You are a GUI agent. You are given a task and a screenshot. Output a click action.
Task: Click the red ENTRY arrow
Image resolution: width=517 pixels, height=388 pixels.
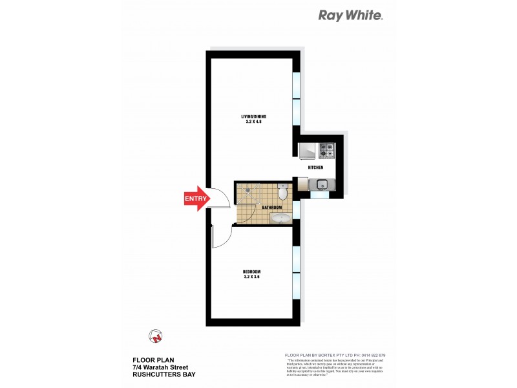196,199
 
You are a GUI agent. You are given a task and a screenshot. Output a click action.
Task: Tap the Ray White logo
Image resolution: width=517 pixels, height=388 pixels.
351,16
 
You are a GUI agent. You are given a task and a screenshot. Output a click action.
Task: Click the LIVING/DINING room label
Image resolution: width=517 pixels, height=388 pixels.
254,116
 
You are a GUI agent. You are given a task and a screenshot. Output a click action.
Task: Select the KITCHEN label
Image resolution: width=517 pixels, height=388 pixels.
315,167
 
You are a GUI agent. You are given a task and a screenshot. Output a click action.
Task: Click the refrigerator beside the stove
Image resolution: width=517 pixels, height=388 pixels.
307,151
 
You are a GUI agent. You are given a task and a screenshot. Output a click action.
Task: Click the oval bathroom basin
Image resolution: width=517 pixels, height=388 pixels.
280,219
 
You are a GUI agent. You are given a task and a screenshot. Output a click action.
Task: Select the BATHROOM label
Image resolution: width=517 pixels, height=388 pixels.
272,208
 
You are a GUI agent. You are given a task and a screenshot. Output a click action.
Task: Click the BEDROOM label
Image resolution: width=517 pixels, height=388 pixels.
251,271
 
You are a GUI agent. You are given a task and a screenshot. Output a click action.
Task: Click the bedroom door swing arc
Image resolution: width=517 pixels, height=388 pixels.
220,239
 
